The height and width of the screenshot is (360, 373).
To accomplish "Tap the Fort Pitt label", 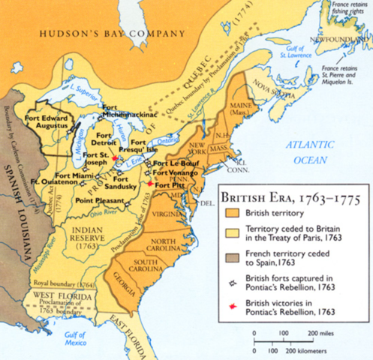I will coord(170,184).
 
